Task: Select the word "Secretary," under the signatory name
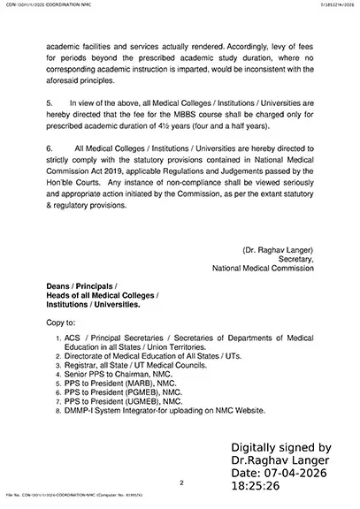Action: pos(295,258)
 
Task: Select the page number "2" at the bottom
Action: pos(180,482)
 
